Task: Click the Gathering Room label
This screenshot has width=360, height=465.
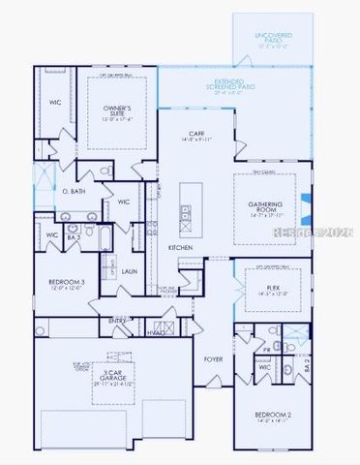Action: tap(264, 207)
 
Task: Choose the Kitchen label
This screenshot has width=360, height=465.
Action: tap(181, 248)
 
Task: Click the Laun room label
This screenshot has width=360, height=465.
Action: tap(129, 271)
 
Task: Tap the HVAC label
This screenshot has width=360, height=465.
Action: tap(156, 332)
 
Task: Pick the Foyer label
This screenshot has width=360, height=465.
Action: tap(212, 357)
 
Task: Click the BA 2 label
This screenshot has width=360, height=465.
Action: tap(307, 366)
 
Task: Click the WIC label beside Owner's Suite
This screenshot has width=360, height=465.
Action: tap(53, 102)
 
